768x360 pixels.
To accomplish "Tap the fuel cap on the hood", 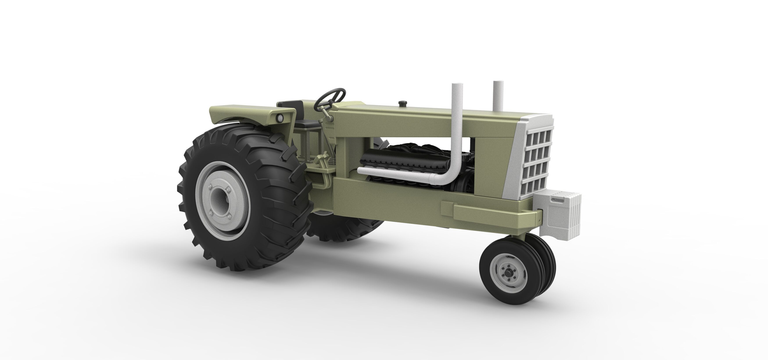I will [x=403, y=103].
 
